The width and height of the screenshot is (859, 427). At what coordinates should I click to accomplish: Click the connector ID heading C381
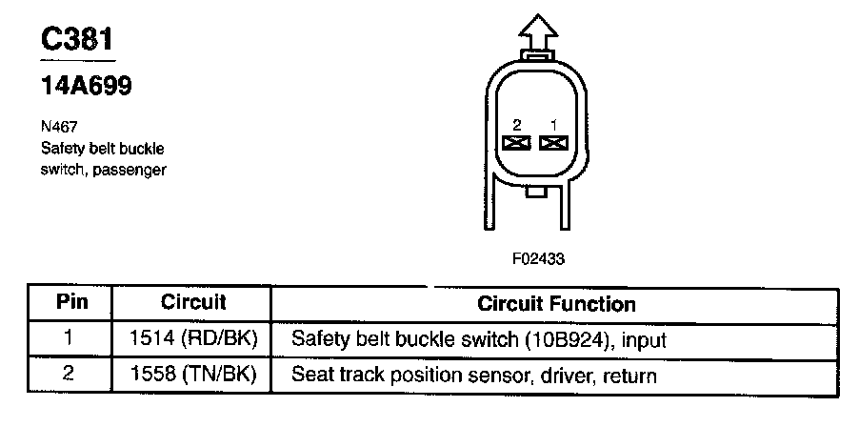click(80, 39)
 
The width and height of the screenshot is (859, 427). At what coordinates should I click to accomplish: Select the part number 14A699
click(85, 87)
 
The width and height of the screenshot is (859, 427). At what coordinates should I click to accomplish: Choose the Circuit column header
click(192, 303)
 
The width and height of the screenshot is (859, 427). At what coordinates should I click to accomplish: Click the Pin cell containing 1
click(68, 339)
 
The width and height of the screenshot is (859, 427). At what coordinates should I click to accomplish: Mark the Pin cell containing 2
click(68, 375)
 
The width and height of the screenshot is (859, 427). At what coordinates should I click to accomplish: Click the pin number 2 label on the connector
click(515, 125)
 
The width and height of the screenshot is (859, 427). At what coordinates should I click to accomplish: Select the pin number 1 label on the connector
click(552, 125)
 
